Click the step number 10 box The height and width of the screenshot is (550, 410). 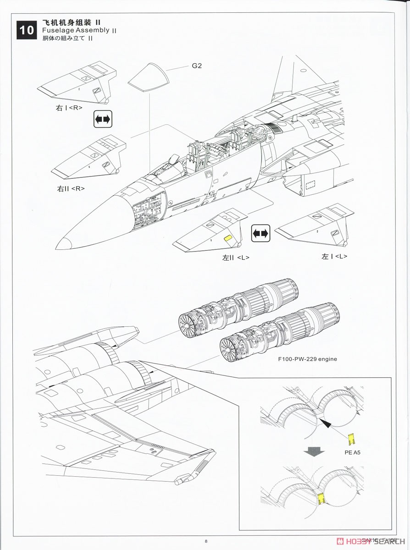27,30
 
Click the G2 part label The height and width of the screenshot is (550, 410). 196,66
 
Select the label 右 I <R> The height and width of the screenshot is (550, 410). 69,108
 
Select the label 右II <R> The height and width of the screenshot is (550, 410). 71,188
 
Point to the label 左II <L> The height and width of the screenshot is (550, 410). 236,258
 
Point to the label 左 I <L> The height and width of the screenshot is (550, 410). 334,257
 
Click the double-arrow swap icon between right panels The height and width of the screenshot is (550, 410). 103,119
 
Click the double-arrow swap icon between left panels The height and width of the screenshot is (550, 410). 260,234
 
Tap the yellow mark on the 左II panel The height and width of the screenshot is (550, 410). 227,238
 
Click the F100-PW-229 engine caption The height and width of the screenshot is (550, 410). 310,359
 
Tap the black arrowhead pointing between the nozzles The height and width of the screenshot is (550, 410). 327,425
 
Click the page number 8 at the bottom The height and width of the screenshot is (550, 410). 206,541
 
